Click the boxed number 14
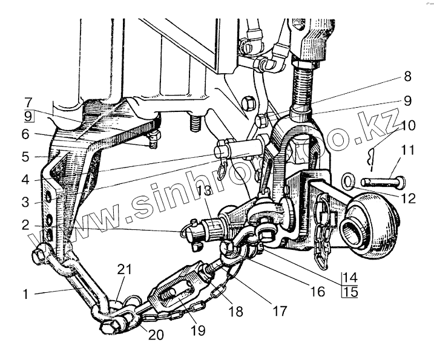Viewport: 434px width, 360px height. (x=349, y=278)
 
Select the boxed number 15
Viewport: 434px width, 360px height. (x=349, y=292)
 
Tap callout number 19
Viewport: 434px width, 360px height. (x=197, y=330)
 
